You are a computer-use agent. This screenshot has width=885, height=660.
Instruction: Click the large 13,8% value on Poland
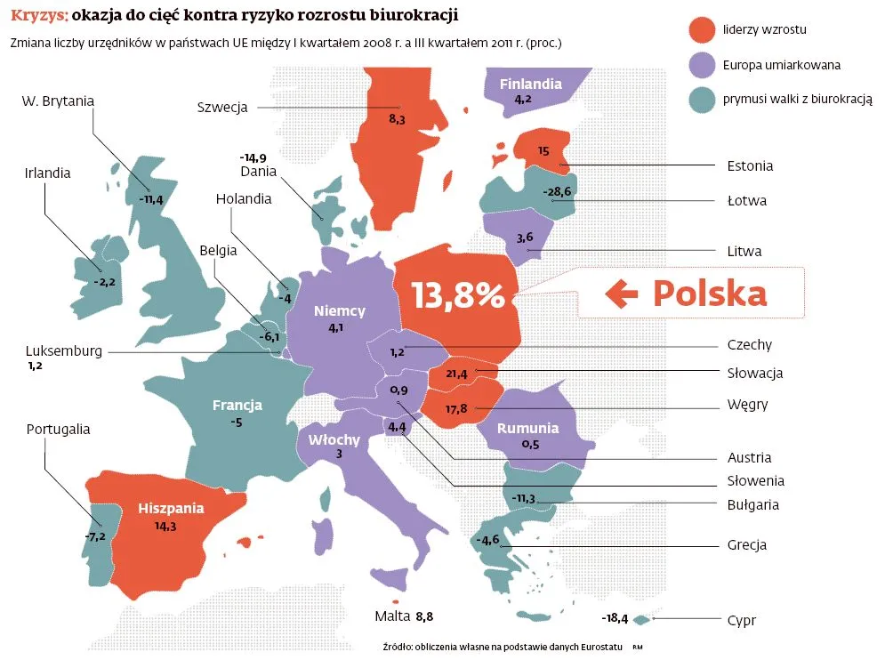(457, 294)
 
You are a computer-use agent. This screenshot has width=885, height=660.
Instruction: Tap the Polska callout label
(710, 293)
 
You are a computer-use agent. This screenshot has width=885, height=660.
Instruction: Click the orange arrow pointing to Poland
(622, 293)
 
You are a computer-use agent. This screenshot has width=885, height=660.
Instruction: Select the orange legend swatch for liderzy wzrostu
(702, 29)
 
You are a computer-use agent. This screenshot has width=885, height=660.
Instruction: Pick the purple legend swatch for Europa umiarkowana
(702, 65)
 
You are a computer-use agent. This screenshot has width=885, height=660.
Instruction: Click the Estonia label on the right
(750, 165)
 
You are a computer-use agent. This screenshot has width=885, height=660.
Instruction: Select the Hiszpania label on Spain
(171, 509)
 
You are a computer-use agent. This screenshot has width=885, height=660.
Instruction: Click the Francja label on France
(237, 406)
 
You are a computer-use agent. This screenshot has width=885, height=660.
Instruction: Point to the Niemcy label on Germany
(340, 311)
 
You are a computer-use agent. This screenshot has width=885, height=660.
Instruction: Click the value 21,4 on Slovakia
(457, 374)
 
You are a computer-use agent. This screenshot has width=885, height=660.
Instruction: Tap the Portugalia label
(58, 429)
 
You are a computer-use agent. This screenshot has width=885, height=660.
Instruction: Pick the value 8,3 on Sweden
(397, 118)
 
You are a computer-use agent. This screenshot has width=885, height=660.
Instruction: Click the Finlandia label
(530, 85)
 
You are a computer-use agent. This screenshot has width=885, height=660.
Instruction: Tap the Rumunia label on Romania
(527, 428)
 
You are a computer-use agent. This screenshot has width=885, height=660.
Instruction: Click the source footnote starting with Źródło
(488, 646)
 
